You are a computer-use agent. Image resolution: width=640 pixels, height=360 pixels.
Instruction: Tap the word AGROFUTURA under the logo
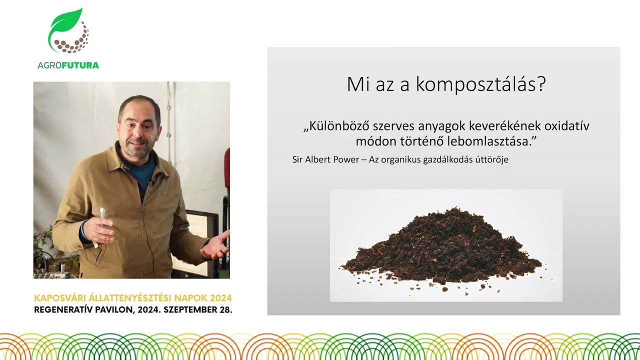(x=68, y=65)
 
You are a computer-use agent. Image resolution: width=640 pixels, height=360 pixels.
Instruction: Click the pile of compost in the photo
(x=442, y=247)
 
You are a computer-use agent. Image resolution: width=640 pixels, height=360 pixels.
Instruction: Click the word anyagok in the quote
(x=428, y=126)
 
